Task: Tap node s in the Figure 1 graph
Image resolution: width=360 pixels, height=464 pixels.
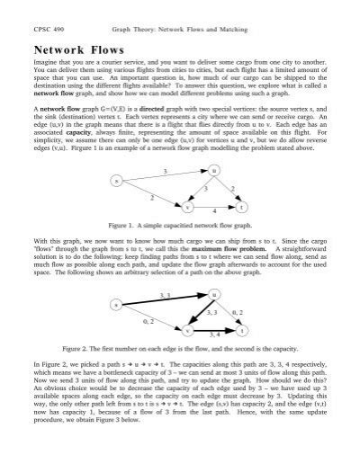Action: coord(116,182)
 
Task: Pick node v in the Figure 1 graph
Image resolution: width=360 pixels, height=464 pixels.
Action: coord(189,206)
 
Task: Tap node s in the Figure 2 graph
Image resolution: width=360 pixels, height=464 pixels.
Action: coord(117,306)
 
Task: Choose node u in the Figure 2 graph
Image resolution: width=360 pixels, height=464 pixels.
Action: coord(213,293)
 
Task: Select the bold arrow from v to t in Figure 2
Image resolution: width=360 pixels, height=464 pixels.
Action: coord(217,330)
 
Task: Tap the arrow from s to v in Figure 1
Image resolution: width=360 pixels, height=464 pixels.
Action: coord(153,194)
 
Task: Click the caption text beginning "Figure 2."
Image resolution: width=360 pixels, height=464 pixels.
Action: coord(180,347)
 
